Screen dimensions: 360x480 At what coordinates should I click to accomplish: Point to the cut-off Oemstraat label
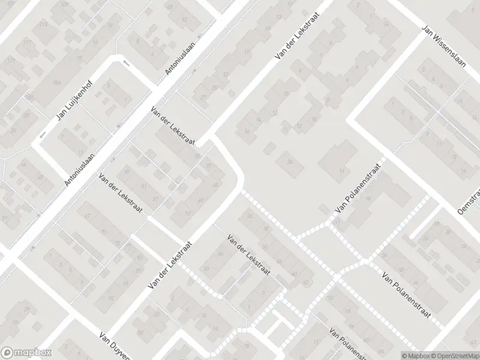click(469, 201)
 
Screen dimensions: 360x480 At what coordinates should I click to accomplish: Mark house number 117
click(27, 43)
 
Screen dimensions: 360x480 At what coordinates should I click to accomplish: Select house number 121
click(10, 61)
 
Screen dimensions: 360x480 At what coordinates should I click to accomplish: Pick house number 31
click(197, 157)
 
